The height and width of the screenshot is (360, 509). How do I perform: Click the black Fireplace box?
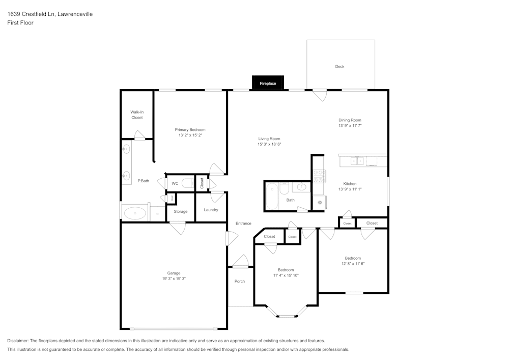click(x=268, y=83)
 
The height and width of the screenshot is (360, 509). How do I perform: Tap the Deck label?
click(x=340, y=67)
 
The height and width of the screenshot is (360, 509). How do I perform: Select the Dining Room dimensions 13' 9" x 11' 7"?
click(x=350, y=126)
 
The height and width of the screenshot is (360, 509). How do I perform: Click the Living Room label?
click(x=269, y=139)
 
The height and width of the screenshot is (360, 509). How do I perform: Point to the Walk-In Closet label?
click(x=136, y=115)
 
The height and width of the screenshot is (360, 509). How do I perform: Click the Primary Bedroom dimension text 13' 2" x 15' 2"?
click(x=190, y=135)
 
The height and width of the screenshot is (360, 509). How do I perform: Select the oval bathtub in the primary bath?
click(x=135, y=213)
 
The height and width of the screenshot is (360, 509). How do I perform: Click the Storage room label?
click(x=180, y=211)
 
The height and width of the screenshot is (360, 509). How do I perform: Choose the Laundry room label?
click(x=211, y=210)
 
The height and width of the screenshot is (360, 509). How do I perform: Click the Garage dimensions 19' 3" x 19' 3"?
click(x=174, y=279)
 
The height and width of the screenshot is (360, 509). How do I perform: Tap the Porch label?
click(x=239, y=281)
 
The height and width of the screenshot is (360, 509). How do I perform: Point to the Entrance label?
click(x=243, y=224)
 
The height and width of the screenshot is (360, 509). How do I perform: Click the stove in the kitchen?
click(x=319, y=176)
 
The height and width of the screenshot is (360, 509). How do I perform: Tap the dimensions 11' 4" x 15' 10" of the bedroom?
click(x=286, y=275)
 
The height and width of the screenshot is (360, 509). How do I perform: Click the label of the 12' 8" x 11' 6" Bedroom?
click(x=353, y=258)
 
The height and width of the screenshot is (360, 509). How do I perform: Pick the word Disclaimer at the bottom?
click(x=18, y=340)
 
